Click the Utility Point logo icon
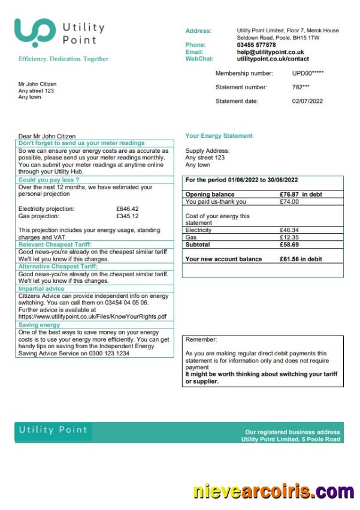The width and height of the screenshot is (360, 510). pos(34,32)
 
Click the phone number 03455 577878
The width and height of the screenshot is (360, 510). pos(256,45)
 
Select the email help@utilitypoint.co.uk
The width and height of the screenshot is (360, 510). pos(270,52)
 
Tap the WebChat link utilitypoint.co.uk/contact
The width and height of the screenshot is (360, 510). pos(273,59)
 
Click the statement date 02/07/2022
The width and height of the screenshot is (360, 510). pos(307,101)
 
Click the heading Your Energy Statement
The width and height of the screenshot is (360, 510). pos(219,136)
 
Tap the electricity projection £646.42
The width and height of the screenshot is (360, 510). pos(127,209)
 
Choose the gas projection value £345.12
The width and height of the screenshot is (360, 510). pos(127,216)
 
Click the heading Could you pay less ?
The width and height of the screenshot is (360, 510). pos(49,180)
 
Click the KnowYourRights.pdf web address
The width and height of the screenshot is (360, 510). pos(92,317)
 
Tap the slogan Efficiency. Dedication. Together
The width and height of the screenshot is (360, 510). pos(63,59)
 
